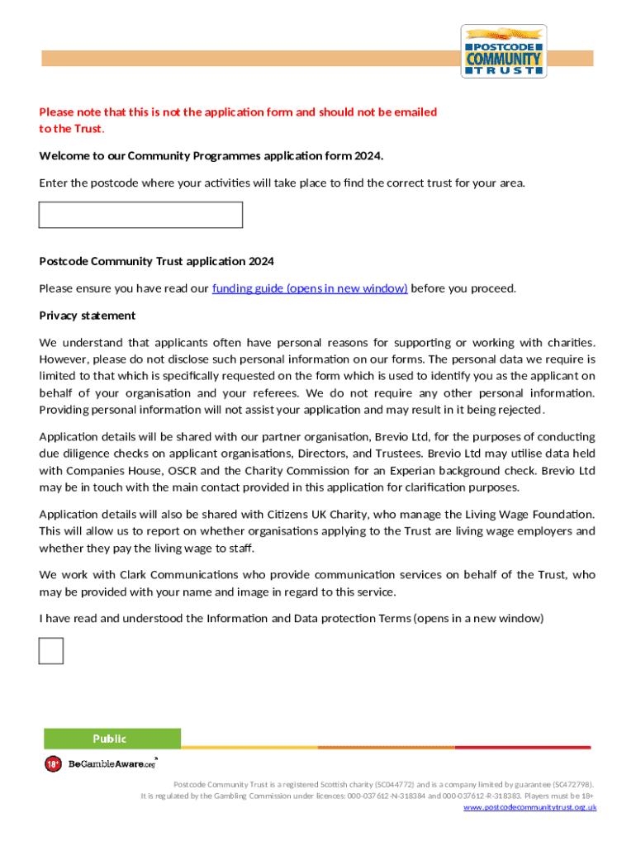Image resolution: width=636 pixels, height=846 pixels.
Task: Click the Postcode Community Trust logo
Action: click(x=503, y=51)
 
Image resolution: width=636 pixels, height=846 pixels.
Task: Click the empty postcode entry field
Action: click(x=140, y=215)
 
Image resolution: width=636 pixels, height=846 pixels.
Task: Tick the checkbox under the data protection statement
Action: click(x=51, y=650)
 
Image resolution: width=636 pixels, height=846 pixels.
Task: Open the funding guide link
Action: click(x=310, y=288)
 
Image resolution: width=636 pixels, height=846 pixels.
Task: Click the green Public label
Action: click(x=112, y=738)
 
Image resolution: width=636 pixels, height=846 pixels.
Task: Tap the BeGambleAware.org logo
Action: click(x=112, y=764)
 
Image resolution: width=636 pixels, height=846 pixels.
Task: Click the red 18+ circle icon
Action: click(x=53, y=764)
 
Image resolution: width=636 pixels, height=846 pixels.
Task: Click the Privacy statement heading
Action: click(x=88, y=316)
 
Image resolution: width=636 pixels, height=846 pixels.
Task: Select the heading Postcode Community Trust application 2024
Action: click(x=156, y=261)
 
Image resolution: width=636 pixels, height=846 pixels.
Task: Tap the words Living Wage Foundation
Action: click(x=534, y=514)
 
